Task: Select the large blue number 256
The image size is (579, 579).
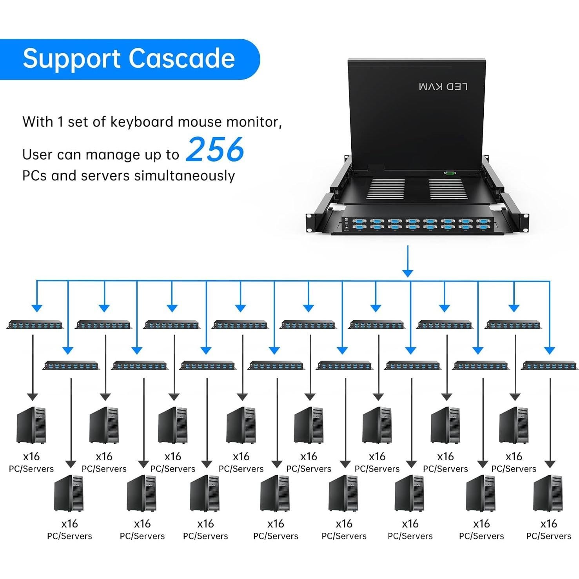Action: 215,149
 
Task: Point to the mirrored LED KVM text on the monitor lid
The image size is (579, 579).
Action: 443,87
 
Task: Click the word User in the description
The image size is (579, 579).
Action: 38,155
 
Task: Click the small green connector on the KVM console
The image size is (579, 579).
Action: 449,173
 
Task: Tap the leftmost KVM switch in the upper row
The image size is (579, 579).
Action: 35,325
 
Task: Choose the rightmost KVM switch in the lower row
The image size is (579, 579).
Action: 549,366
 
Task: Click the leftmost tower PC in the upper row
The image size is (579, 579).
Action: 31,425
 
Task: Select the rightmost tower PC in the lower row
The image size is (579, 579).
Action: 548,493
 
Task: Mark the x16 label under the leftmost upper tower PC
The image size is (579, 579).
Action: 31,457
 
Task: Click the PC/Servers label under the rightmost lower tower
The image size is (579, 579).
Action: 548,536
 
